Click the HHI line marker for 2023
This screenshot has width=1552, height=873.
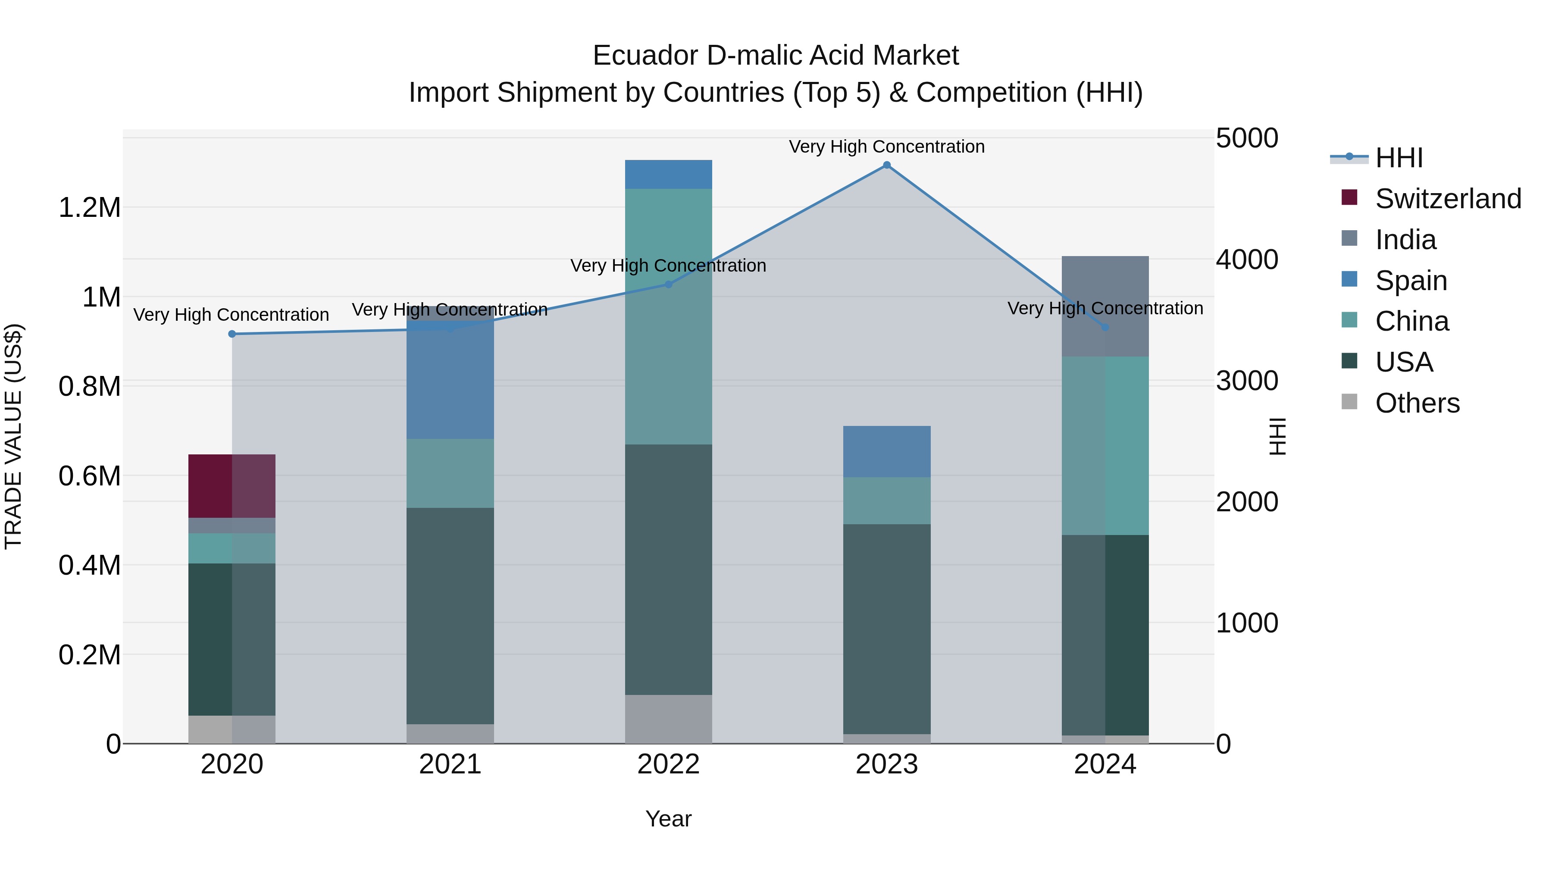tap(886, 165)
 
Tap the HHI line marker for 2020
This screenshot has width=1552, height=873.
tap(232, 334)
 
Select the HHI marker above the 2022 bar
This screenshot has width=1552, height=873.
tap(668, 285)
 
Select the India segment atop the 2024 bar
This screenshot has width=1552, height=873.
tap(1105, 306)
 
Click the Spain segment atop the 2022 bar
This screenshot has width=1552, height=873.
tap(668, 174)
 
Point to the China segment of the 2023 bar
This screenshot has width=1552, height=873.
tap(886, 501)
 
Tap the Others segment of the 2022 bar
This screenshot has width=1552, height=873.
tap(668, 719)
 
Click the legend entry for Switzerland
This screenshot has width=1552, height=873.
tap(1448, 199)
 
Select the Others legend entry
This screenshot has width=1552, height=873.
tap(1417, 403)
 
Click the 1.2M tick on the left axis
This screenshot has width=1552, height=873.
tap(89, 208)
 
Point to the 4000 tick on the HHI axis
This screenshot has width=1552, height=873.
tap(1246, 260)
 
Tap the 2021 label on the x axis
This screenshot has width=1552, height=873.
tap(450, 764)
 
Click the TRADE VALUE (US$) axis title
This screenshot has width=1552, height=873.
tap(13, 436)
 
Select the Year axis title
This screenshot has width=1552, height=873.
tap(668, 819)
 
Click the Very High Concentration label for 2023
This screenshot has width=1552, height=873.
tap(886, 147)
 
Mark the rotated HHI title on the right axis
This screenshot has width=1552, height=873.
tap(1277, 436)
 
